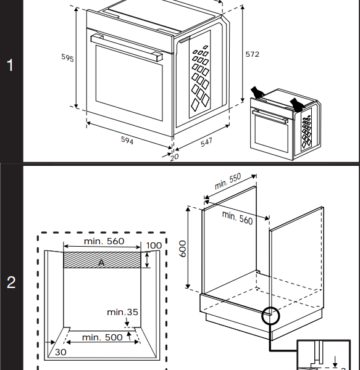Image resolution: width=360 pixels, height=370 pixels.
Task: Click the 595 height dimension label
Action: click(x=67, y=58)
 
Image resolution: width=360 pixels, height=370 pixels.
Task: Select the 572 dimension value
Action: click(x=252, y=54)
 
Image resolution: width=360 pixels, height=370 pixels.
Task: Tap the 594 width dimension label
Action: click(x=127, y=141)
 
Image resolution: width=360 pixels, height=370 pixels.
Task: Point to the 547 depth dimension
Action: click(x=206, y=142)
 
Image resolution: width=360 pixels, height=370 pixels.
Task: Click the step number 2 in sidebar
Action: click(x=10, y=283)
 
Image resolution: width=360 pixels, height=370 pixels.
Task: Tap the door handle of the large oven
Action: click(x=126, y=47)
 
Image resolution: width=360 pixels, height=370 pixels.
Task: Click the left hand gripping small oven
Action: click(x=257, y=92)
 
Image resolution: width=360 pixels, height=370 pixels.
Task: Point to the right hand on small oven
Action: click(x=298, y=104)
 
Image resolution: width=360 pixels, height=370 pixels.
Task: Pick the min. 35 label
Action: click(x=122, y=312)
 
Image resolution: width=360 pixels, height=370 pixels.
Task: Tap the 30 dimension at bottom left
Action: click(x=60, y=352)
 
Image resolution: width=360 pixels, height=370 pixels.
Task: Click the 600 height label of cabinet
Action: click(x=181, y=249)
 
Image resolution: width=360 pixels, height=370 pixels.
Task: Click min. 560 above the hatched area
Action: click(x=103, y=242)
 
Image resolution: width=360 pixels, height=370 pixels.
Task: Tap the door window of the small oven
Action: click(x=270, y=131)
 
